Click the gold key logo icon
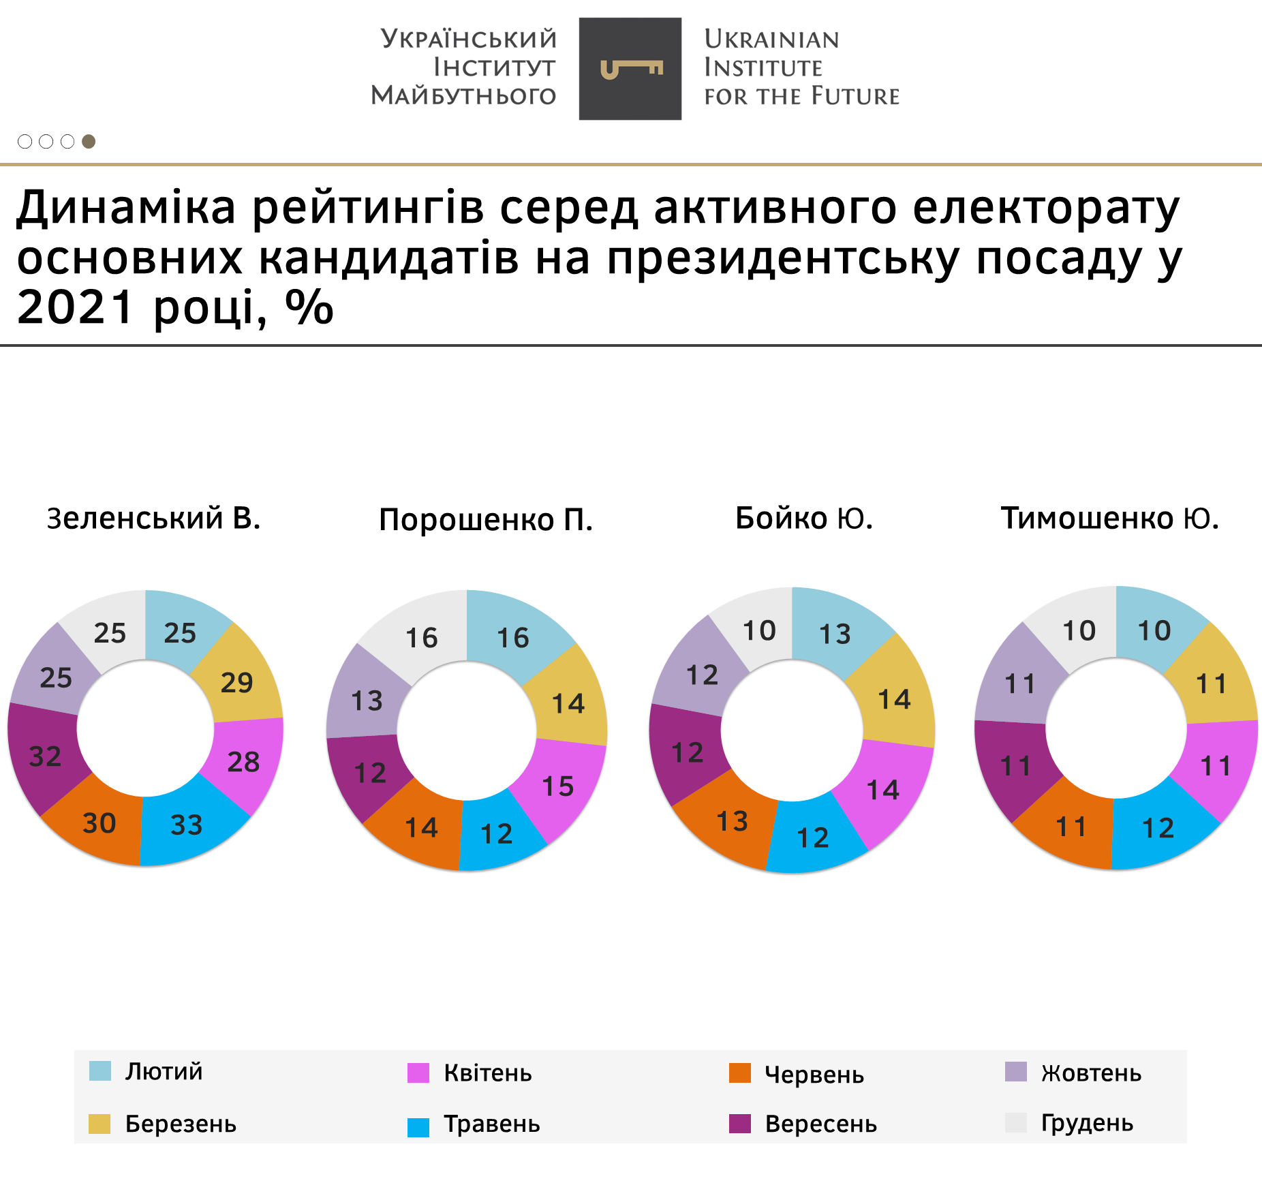click(630, 69)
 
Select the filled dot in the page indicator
click(89, 141)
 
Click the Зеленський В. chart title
click(154, 519)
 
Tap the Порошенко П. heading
click(486, 520)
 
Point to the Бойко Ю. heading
click(804, 519)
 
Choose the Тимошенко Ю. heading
click(1109, 519)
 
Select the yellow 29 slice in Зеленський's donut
click(237, 682)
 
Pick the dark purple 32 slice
click(46, 756)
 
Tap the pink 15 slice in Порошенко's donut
click(558, 786)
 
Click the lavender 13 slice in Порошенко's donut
click(367, 701)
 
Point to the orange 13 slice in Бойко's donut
click(733, 822)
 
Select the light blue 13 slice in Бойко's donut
click(835, 634)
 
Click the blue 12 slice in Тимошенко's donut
click(1158, 828)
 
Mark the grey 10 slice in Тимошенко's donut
click(1079, 631)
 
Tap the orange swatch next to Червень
click(740, 1073)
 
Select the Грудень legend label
click(1087, 1123)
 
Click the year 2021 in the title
click(75, 307)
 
